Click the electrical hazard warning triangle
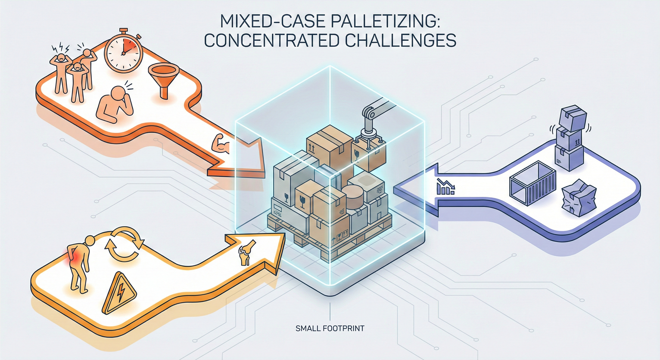(x=119, y=294)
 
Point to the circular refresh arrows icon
(x=124, y=244)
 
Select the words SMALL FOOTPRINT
(x=330, y=328)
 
